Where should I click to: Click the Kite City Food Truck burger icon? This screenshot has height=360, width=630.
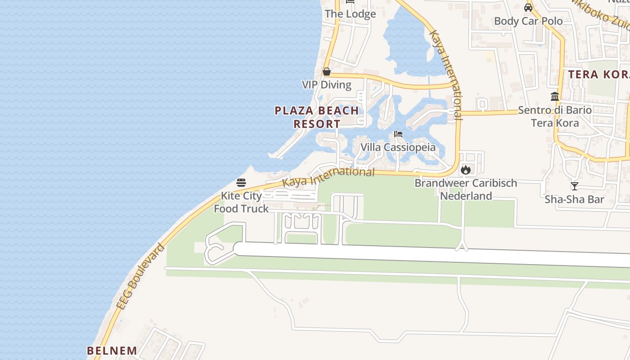tap(241, 183)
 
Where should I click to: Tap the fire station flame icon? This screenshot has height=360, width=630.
tap(465, 170)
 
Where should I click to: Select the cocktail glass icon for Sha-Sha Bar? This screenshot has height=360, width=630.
tap(574, 186)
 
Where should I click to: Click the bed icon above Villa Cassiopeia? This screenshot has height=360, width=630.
tap(398, 134)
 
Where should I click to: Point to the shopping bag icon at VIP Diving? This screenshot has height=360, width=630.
tap(327, 72)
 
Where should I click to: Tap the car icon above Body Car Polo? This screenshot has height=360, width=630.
tap(528, 8)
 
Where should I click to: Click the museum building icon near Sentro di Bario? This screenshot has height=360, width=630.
tap(555, 96)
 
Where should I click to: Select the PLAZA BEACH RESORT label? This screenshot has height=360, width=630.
tap(317, 117)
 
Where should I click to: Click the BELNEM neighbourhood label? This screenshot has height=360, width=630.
tap(112, 351)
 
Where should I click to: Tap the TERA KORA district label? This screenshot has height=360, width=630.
tap(598, 75)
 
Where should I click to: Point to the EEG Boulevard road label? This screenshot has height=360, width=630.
tap(140, 277)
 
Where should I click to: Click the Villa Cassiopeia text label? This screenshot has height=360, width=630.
tap(398, 147)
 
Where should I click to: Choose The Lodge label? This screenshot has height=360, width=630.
tap(350, 14)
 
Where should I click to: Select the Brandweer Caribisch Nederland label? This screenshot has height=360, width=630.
tap(466, 189)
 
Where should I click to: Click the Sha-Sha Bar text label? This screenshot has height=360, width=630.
tap(574, 199)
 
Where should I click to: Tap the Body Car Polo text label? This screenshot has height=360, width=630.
tap(528, 21)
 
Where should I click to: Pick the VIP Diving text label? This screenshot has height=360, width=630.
tap(327, 85)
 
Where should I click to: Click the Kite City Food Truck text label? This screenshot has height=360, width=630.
tap(241, 202)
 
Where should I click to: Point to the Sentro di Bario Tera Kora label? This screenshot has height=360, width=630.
tap(555, 116)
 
